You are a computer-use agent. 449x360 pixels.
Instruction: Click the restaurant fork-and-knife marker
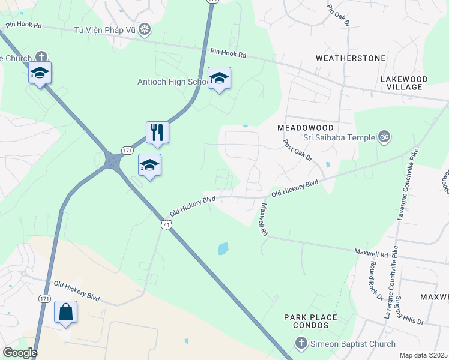click(x=157, y=131)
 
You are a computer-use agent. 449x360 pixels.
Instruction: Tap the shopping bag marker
click(x=65, y=311)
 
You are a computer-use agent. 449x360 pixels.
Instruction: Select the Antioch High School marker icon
click(x=219, y=78)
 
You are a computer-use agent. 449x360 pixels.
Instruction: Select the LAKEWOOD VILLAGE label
click(x=404, y=83)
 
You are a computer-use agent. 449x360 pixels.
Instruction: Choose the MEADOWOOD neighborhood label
click(x=305, y=128)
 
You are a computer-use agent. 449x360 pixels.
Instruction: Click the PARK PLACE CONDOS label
click(x=310, y=321)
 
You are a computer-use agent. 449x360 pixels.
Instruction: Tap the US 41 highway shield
click(x=166, y=224)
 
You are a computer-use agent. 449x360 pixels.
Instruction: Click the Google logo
click(x=19, y=353)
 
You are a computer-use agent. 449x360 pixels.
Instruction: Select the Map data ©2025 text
click(x=424, y=355)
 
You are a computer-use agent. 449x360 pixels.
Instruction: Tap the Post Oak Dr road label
click(x=297, y=150)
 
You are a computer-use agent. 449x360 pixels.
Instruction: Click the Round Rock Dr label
click(x=376, y=280)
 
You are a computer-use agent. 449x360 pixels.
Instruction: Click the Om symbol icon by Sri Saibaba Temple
click(x=384, y=137)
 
